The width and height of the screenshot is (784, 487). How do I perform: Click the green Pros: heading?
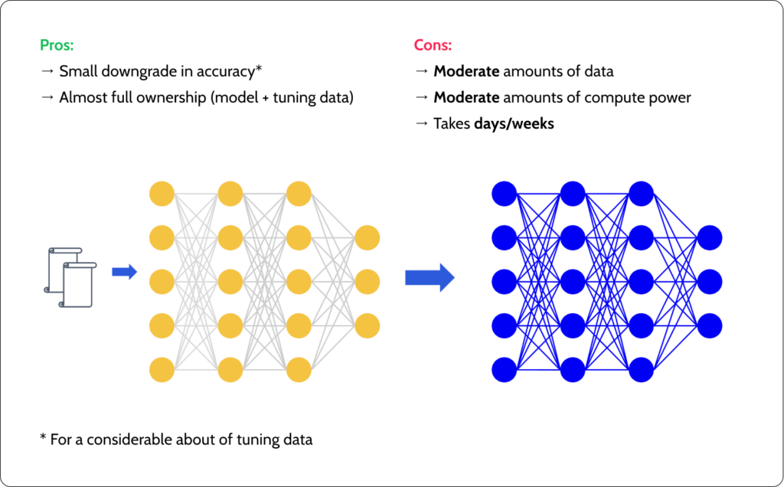[x=57, y=44]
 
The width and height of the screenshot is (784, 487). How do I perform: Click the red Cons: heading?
[x=433, y=44]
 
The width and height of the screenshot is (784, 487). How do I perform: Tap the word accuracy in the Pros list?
[x=227, y=71]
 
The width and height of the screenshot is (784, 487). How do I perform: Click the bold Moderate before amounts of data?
[x=466, y=71]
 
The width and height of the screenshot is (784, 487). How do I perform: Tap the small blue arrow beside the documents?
[x=124, y=272]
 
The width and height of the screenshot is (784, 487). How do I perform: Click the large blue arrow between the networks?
[x=430, y=277]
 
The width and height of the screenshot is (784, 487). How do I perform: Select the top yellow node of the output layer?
[x=367, y=237]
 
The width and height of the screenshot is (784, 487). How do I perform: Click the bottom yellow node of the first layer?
[x=162, y=370]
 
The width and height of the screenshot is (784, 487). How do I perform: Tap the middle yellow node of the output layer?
[x=367, y=281]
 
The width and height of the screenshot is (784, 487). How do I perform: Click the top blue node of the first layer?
[x=505, y=194]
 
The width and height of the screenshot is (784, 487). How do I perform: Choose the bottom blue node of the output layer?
[x=709, y=325]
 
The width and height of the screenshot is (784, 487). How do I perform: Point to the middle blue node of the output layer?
[x=709, y=281]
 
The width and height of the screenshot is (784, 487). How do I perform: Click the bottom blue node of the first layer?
[x=505, y=370]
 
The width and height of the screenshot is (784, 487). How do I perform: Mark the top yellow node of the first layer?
[x=162, y=194]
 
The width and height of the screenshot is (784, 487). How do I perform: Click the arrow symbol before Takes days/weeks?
[x=421, y=124]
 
